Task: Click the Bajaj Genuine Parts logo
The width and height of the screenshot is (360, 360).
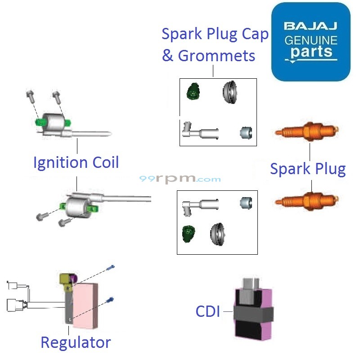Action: tap(310, 41)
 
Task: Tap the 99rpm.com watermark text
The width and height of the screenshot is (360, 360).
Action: tap(180, 179)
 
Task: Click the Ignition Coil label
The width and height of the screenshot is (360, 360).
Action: tap(76, 162)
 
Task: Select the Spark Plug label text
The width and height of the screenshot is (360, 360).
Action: tap(308, 169)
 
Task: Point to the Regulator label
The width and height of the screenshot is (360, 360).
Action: tap(76, 342)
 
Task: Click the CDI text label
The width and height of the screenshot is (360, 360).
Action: tap(208, 311)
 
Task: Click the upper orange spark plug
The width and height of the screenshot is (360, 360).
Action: tap(306, 133)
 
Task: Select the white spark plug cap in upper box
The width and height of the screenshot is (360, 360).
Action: tap(198, 132)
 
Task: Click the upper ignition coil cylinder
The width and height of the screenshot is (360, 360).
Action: tap(53, 121)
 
